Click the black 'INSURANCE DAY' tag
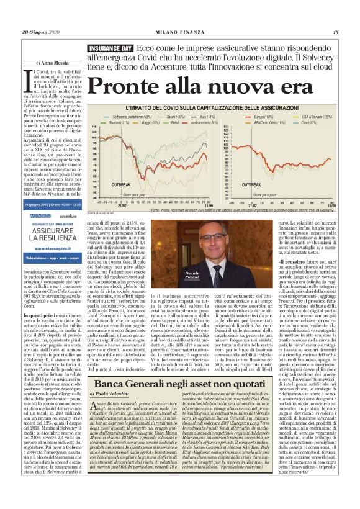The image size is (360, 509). click(x=110, y=48)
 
